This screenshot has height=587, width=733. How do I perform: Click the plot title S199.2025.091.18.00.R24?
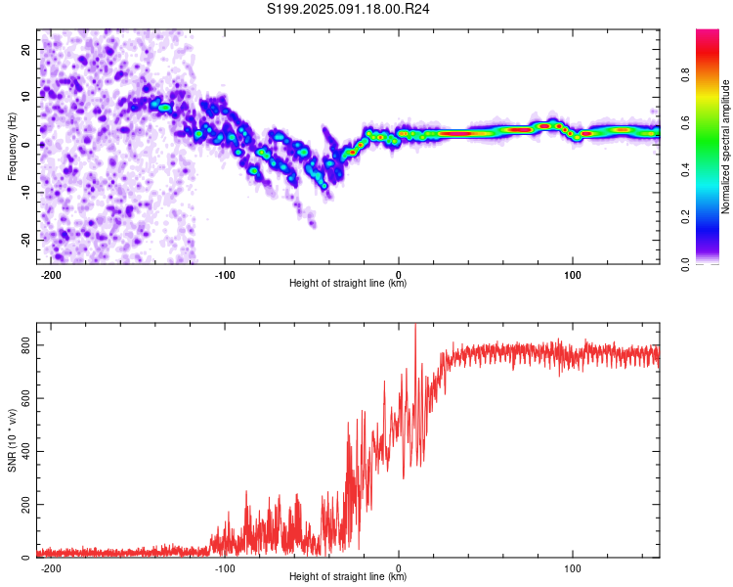point(348,9)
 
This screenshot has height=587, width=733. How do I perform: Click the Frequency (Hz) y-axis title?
point(12,147)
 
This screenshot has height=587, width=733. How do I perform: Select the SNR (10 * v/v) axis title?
point(12,440)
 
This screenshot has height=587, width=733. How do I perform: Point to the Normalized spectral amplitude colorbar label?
point(725,147)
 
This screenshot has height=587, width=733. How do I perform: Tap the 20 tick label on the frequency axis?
point(26,50)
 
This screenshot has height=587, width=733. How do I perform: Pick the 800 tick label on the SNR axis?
point(26,345)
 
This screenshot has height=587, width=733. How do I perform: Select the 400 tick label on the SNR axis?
point(26,452)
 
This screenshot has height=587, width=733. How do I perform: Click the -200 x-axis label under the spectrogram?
point(51,275)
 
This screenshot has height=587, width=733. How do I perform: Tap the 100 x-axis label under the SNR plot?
point(572,568)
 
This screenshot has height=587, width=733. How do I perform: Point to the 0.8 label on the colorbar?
point(685,75)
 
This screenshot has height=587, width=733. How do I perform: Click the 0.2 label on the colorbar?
point(685,217)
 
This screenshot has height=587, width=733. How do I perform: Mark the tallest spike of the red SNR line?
point(415,325)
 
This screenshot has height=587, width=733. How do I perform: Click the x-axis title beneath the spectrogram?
point(348,283)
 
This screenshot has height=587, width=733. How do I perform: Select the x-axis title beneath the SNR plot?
point(348,576)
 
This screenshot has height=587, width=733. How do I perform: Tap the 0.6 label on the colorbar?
point(685,122)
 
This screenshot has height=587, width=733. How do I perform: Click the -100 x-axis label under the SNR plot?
point(225,568)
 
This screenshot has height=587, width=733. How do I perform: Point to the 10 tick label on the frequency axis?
point(26,97)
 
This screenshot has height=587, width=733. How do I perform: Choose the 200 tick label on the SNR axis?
point(26,505)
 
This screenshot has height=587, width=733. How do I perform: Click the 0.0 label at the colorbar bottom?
point(685,264)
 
